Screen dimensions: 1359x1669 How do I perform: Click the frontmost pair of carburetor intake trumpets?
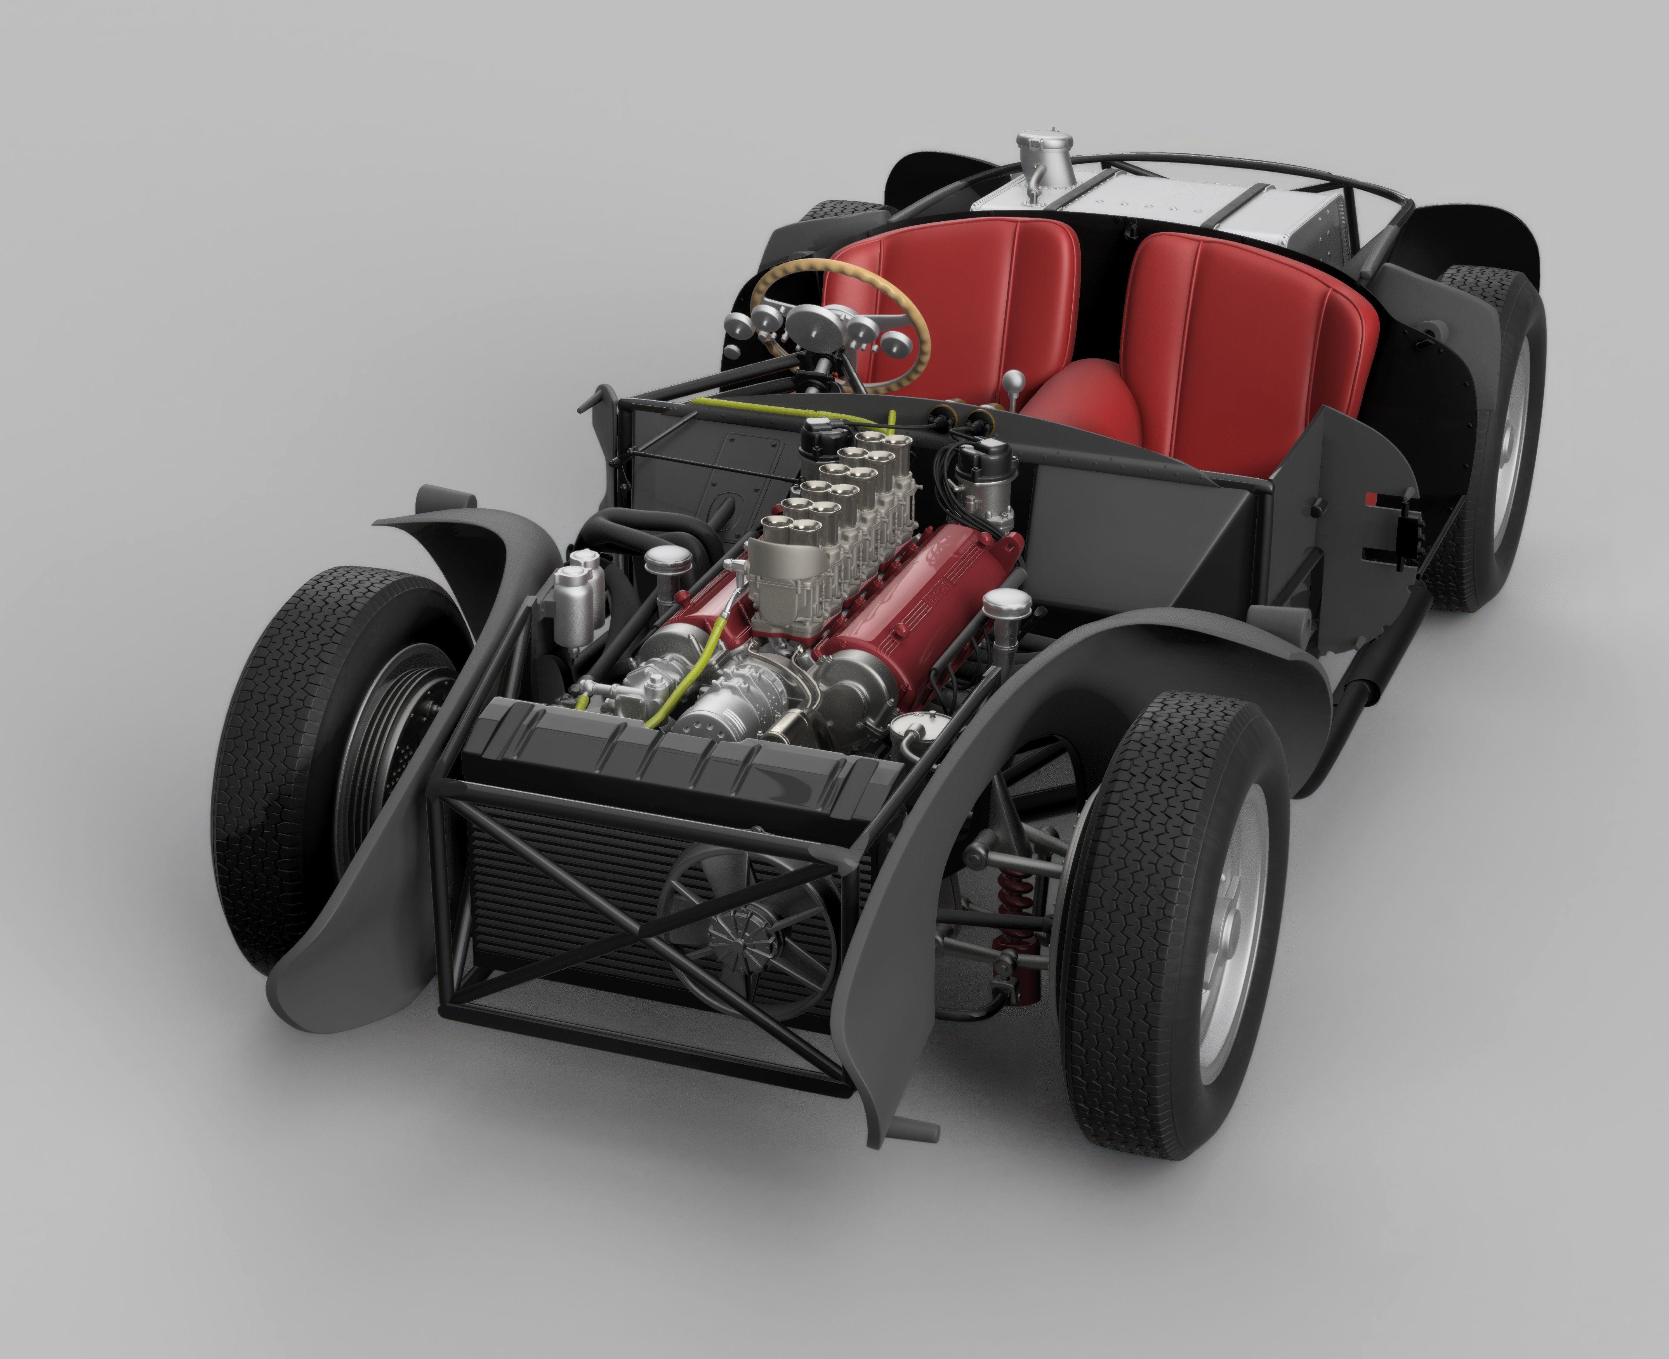click(791, 532)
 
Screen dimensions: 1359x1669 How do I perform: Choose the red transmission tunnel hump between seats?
click(1080, 407)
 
